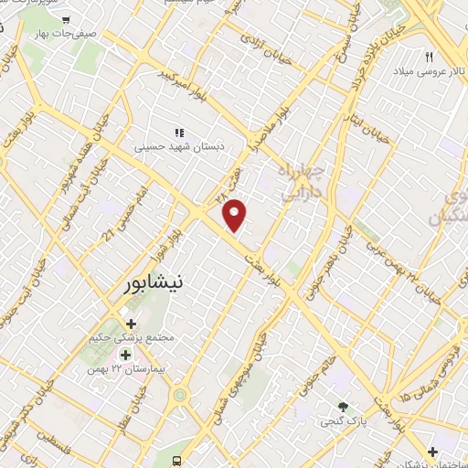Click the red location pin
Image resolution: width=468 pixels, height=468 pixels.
coord(236,214)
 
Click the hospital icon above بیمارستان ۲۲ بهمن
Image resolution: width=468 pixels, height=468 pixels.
coord(125,354)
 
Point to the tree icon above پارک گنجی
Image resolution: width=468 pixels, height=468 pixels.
coord(344,406)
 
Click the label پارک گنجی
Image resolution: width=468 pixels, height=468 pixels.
coord(339,421)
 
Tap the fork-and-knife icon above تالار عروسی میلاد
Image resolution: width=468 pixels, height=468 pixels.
coord(428,57)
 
